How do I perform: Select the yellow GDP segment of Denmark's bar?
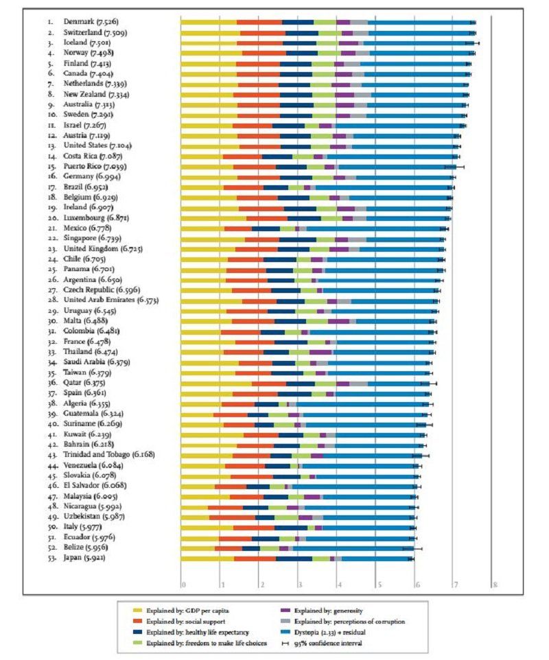208,23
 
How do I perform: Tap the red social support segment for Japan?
255,558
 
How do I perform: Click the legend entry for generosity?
327,609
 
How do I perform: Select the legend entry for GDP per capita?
188,609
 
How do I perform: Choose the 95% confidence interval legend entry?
328,642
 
